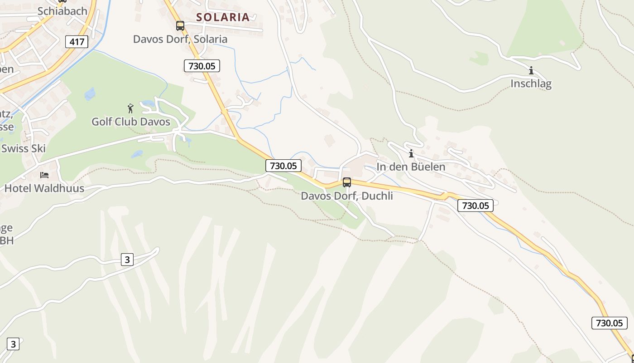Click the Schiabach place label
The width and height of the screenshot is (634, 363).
(62, 11)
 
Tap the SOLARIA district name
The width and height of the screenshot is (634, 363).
(223, 17)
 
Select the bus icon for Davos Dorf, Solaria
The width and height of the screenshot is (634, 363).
(180, 26)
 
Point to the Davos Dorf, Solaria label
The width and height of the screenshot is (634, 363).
(180, 39)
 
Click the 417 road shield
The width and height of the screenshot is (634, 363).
(77, 42)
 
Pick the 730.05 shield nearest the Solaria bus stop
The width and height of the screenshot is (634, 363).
(202, 66)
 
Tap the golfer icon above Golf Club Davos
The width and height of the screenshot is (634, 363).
(131, 108)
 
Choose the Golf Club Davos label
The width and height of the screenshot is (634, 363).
(131, 122)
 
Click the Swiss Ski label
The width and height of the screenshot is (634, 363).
(24, 148)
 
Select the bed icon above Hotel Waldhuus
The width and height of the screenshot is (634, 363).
(44, 175)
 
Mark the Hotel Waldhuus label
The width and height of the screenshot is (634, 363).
(44, 188)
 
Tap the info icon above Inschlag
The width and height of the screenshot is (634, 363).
(531, 70)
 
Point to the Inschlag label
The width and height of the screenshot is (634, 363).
(531, 83)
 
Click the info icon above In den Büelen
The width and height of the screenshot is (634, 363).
(411, 153)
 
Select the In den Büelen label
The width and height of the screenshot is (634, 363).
(411, 167)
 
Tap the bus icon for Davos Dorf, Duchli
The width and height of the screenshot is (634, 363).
(347, 182)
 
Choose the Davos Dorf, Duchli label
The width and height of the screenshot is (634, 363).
(347, 196)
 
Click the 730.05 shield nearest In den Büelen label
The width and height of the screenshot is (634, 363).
(475, 206)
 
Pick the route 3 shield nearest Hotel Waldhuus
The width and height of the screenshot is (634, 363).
(127, 260)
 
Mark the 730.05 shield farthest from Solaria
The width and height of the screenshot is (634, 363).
(610, 323)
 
